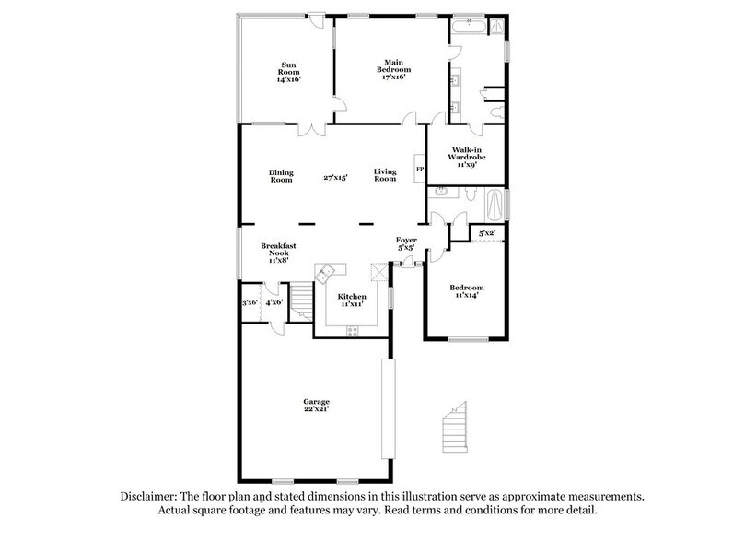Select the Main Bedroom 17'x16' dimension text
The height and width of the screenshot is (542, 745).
pyautogui.click(x=392, y=77)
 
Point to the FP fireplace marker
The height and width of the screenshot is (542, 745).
pyautogui.click(x=419, y=170)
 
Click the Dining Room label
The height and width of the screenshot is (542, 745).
pyautogui.click(x=281, y=175)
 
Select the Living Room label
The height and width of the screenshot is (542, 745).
pyautogui.click(x=384, y=175)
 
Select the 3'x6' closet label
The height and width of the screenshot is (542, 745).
pyautogui.click(x=249, y=302)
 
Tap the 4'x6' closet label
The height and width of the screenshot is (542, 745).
pyautogui.click(x=274, y=302)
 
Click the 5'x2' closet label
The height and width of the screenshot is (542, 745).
pyautogui.click(x=487, y=233)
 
